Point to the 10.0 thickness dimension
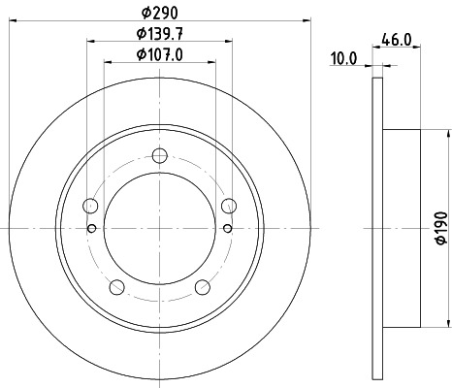coord(343,58)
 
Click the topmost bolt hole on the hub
coord(161,154)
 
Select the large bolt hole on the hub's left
coord(91,205)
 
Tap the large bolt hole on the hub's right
coord(230,205)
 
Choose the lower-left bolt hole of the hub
coord(117,286)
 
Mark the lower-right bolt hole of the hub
coord(204,286)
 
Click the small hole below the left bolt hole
coord(91,229)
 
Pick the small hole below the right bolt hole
coord(229,229)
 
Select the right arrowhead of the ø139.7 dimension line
coord(231,41)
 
